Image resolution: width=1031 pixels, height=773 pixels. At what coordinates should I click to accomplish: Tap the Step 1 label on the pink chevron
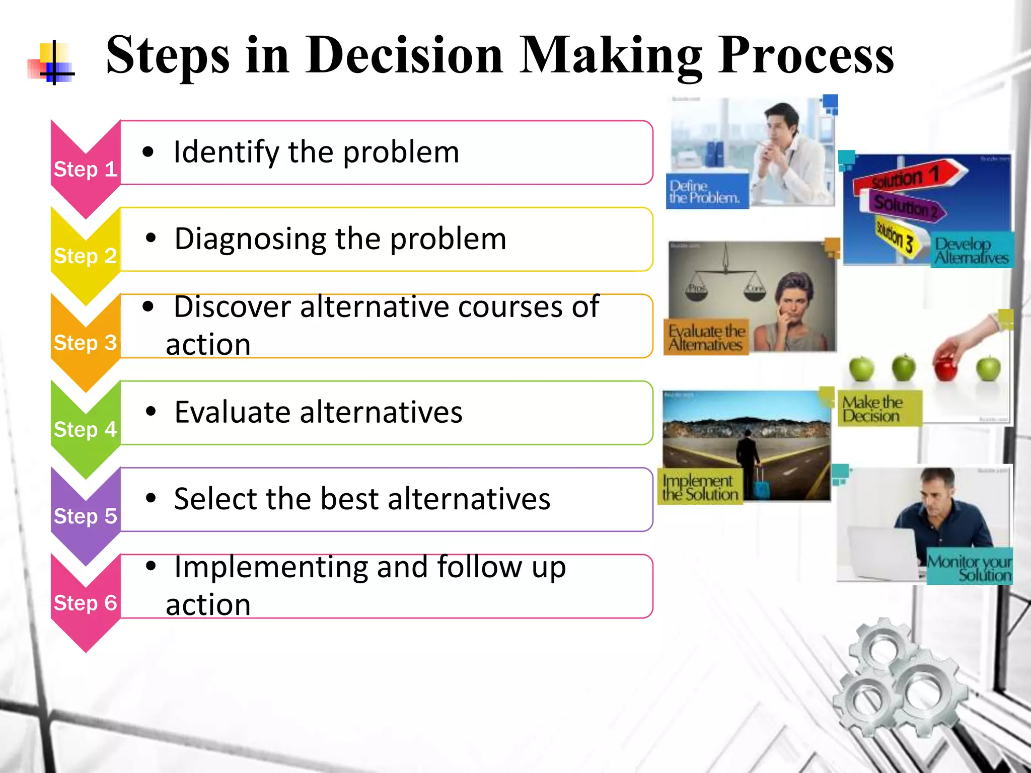click(85, 169)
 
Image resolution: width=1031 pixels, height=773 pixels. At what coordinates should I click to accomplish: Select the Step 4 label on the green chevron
click(85, 429)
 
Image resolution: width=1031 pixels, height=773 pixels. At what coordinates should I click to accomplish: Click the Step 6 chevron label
click(85, 602)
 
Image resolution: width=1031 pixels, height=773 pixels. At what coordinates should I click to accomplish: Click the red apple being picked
click(945, 365)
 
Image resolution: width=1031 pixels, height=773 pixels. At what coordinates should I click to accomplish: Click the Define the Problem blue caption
click(705, 192)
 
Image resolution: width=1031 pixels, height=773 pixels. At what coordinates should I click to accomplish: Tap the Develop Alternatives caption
click(971, 251)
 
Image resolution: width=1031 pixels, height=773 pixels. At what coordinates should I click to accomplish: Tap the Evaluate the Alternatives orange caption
click(706, 337)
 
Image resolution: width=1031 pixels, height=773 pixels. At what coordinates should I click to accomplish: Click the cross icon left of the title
click(53, 63)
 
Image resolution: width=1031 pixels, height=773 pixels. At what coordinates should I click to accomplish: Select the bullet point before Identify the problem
click(148, 152)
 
